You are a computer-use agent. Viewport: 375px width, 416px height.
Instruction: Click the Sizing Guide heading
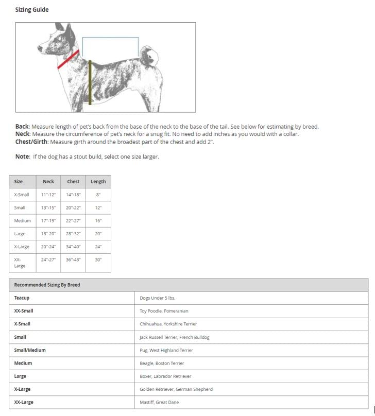32,10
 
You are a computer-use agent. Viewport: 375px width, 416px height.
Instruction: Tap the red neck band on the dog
68,60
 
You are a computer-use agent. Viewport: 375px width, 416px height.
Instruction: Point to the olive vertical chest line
90,82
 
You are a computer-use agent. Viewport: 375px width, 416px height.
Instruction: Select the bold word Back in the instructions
22,127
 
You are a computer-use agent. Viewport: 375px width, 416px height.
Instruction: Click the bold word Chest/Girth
32,142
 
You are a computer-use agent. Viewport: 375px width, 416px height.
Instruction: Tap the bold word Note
22,157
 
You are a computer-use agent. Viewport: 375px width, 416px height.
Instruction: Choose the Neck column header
48,181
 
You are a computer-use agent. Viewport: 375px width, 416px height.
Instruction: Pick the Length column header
98,181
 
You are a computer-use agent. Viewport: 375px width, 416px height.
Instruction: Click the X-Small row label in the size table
22,195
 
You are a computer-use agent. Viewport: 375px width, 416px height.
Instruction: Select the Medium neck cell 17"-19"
48,221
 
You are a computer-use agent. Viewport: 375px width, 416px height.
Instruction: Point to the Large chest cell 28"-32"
73,234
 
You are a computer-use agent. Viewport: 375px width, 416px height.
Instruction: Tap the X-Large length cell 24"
98,247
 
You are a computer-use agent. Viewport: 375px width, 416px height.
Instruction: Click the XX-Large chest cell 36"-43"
73,260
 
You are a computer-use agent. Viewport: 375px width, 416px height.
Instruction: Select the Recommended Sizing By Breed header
47,285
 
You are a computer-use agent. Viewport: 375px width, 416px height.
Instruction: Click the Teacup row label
22,298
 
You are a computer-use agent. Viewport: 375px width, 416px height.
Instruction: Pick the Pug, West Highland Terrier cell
166,350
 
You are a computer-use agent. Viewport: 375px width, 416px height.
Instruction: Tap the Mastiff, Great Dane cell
159,402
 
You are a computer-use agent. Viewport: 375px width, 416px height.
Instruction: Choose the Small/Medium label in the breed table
30,350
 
